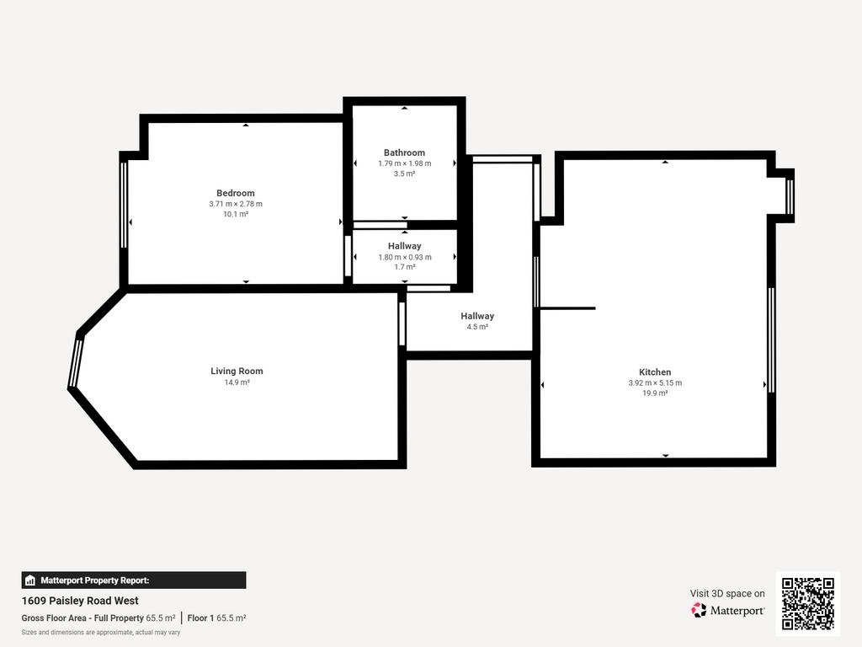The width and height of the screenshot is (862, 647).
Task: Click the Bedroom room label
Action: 236,193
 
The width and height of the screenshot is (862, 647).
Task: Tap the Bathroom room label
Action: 404,152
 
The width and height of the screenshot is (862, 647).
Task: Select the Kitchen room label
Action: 655,372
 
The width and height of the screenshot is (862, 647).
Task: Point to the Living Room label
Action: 237,372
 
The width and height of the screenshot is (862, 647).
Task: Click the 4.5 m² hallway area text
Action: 477,327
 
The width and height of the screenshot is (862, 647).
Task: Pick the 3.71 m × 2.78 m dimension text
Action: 236,204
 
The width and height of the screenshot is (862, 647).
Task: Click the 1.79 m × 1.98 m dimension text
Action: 404,163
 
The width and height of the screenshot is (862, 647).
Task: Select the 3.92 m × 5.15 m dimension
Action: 655,383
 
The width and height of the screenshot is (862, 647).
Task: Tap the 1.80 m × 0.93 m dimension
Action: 405,257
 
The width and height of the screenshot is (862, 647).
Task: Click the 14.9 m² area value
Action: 237,382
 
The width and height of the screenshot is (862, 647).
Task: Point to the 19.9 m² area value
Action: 655,393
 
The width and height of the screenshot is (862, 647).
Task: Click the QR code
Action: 807,603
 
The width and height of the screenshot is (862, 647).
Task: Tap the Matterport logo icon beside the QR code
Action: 699,610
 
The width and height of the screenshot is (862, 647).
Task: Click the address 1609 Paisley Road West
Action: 80,601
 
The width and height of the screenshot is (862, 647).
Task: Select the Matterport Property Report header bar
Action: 134,580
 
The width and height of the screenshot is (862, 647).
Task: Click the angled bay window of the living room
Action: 76,363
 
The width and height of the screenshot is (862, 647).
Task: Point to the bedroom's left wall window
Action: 124,205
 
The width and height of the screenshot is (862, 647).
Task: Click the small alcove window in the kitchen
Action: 790,196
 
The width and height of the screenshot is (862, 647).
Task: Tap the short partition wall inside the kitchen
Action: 567,308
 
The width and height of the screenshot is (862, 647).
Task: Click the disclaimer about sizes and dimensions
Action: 101,633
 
